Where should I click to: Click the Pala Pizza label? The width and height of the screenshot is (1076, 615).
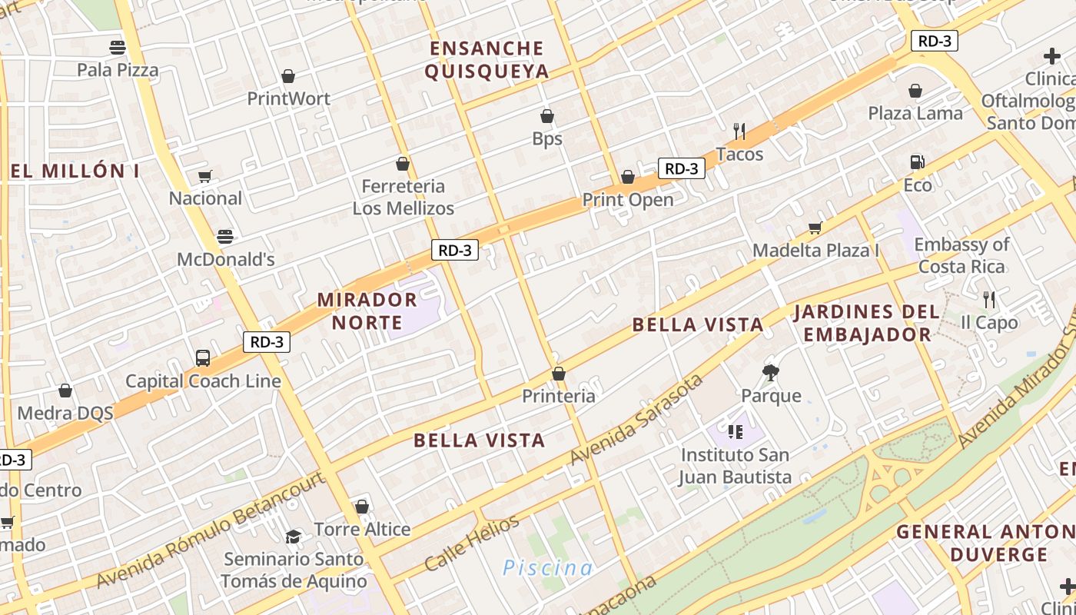point(118,70)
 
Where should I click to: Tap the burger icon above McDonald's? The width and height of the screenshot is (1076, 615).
point(224,236)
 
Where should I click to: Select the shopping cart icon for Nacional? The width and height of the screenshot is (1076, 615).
point(205,176)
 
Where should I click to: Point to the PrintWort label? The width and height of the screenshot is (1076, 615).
point(288,98)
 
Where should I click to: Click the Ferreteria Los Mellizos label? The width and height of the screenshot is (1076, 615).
point(403,197)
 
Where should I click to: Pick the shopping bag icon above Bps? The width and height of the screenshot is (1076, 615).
point(547,116)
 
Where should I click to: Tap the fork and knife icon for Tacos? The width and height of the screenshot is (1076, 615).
point(739,131)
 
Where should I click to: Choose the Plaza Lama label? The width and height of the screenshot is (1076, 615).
point(915,113)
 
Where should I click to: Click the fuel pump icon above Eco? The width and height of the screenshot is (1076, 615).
point(917,162)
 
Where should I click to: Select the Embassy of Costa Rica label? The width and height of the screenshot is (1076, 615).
point(961,255)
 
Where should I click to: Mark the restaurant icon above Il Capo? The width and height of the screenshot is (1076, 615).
point(989,299)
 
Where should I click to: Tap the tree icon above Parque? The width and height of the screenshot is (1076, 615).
point(771,373)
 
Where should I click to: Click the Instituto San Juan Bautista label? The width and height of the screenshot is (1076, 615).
point(735,466)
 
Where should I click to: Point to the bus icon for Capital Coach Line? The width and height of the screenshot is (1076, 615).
point(203,358)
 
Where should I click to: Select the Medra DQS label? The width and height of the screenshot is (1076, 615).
point(65,413)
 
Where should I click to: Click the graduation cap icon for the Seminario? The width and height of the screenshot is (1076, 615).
point(293,536)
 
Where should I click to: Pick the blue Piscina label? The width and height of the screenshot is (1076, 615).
point(547,568)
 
